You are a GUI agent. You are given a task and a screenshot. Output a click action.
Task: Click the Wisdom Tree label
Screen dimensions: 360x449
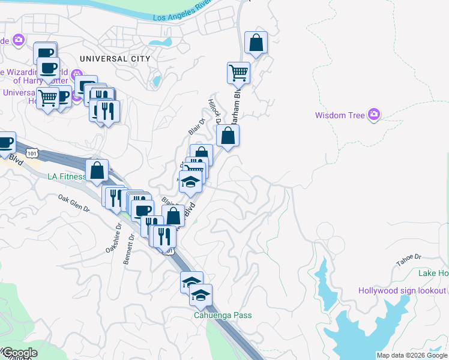[x=340, y=115]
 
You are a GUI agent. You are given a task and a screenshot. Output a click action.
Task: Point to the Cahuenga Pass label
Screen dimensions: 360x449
[x=222, y=315]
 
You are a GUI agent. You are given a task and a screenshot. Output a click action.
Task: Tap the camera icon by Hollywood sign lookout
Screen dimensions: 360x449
[x=441, y=291]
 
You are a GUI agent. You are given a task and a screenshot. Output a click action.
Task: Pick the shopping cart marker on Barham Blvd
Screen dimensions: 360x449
[x=238, y=73]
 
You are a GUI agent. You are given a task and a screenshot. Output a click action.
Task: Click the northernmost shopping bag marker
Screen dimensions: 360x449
[x=256, y=43]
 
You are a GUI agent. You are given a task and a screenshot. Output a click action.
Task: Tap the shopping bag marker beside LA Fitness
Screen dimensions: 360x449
[x=97, y=171]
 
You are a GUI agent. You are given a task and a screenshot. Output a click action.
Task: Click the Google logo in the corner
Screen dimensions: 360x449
[x=19, y=353]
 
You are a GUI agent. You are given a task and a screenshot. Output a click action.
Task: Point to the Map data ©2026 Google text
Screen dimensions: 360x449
[x=412, y=355]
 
